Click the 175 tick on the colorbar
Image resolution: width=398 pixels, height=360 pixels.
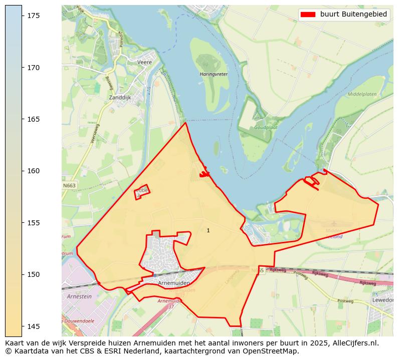click(23, 16)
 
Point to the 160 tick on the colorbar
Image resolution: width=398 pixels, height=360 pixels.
click(23, 171)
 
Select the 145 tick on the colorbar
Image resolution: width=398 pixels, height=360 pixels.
click(23, 326)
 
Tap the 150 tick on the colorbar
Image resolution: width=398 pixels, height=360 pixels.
click(23, 274)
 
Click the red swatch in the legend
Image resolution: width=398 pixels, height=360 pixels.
click(308, 15)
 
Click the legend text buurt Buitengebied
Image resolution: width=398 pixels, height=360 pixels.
click(353, 15)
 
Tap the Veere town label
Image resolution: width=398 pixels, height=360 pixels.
click(144, 63)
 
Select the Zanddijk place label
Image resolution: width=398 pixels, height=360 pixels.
click(120, 98)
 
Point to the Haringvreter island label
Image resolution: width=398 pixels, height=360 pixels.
click(214, 74)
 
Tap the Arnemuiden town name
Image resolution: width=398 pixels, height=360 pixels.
click(173, 283)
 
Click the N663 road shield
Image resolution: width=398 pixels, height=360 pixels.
click(70, 185)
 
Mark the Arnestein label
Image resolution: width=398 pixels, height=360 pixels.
click(79, 296)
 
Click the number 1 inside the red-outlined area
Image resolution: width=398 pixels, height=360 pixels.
click(208, 230)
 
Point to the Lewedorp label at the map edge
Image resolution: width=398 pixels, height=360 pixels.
click(382, 300)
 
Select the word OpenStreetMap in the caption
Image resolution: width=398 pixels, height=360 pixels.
click(275, 351)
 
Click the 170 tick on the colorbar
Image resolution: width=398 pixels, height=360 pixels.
click(23, 67)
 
